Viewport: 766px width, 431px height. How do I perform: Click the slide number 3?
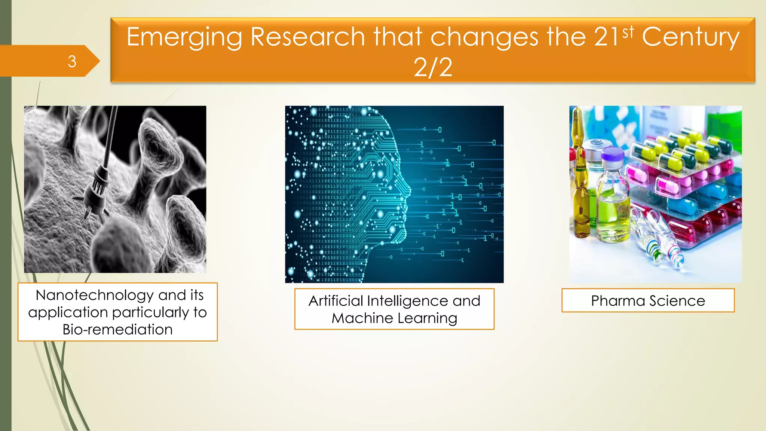click(x=72, y=61)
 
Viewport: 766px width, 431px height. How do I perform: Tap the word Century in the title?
click(x=690, y=37)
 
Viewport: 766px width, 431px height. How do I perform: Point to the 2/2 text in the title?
click(x=433, y=68)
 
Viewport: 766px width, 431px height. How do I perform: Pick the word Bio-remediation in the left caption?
click(x=117, y=330)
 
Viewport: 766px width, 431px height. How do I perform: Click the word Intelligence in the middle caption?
click(x=408, y=301)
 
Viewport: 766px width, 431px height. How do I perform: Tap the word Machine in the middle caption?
click(x=362, y=318)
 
